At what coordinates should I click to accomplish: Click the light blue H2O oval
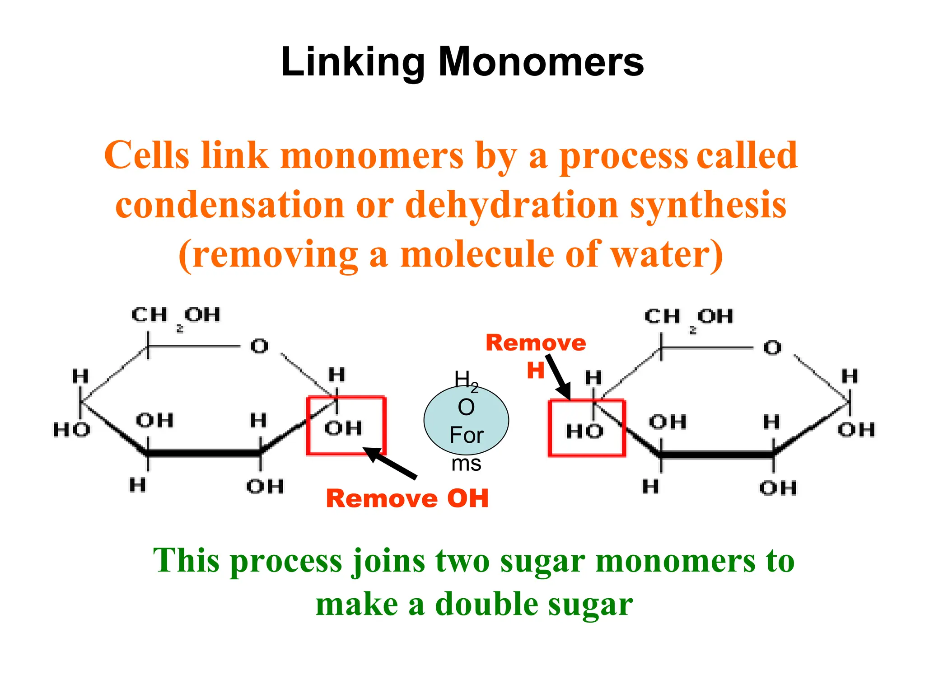pos(466,420)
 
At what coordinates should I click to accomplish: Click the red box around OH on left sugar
pos(346,426)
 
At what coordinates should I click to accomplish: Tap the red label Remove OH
pos(407,499)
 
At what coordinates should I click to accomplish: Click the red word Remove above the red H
pos(536,343)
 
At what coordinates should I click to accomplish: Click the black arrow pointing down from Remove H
pos(559,377)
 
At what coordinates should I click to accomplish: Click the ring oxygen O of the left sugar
pos(259,347)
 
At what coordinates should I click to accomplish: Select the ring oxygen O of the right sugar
pos(772,348)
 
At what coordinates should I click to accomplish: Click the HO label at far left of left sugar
pos(71,430)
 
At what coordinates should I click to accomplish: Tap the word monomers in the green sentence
pos(675,561)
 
